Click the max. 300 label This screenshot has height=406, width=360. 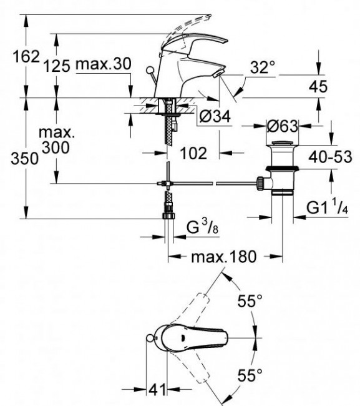point(56,141)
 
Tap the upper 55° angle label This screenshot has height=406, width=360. point(249,302)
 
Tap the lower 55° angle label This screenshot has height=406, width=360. point(249,375)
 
